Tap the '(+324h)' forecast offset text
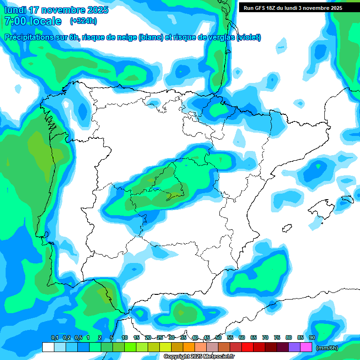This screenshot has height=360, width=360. [83, 21]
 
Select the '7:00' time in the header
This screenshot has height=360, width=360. [15, 21]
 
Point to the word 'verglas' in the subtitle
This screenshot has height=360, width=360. [214, 37]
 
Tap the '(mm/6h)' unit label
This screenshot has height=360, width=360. [327, 347]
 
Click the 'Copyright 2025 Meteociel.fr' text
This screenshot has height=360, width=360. [199, 356]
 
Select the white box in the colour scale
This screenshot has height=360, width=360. [48, 347]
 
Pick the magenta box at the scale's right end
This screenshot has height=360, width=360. [306, 347]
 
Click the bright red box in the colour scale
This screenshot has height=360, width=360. [247, 347]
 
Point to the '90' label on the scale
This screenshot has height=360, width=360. [312, 337]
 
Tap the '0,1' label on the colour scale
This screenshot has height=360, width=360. [54, 337]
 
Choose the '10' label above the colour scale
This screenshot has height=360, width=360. [125, 337]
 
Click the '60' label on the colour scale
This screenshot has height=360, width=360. [242, 337]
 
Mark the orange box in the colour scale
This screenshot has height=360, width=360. [189, 347]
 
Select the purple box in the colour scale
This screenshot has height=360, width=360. [294, 347]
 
